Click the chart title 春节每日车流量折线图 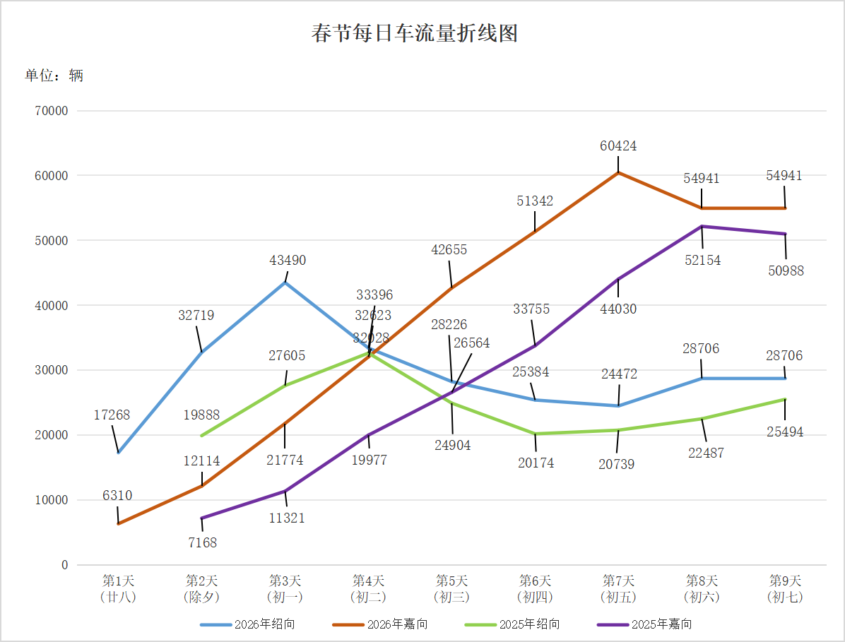[x=415, y=33]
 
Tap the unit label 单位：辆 [x=54, y=75]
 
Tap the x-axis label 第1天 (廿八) [x=118, y=589]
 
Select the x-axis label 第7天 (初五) [x=618, y=589]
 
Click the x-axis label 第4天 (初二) [x=368, y=589]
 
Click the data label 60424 [x=618, y=146]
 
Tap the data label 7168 [x=202, y=542]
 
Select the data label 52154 [x=702, y=260]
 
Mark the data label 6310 [x=117, y=496]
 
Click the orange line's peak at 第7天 [x=618, y=172]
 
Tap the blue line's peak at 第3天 [x=285, y=283]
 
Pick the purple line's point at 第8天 [x=702, y=226]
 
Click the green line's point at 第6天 [x=535, y=434]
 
